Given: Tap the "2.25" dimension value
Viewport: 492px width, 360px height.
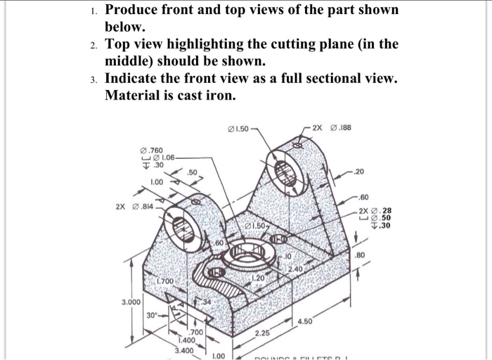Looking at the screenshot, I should point(262,332).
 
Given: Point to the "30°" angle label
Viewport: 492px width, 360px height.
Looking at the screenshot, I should point(153,316).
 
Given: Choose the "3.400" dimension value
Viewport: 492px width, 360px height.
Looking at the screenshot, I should point(184,349).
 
